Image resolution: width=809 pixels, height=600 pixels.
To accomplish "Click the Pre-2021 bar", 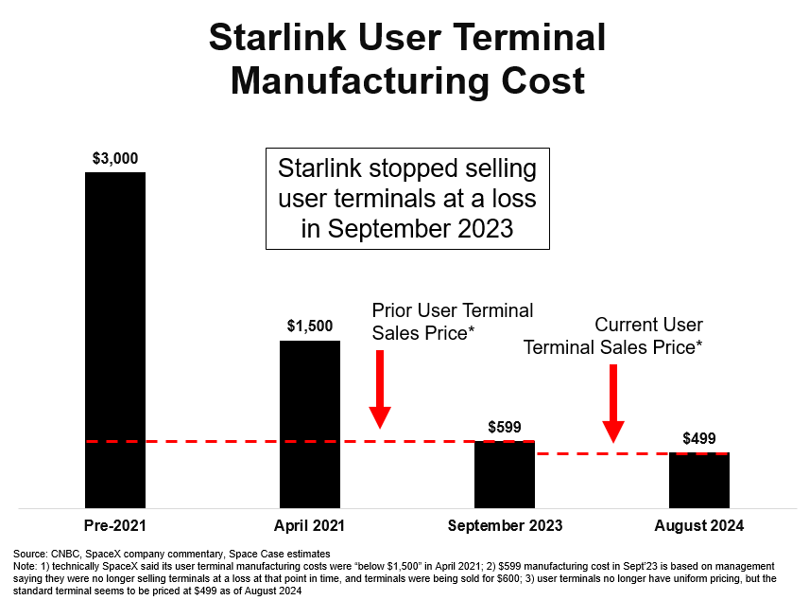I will pyautogui.click(x=115, y=341).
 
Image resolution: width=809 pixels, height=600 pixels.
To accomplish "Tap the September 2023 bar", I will pyautogui.click(x=505, y=474).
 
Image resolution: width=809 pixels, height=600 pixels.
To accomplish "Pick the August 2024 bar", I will pyautogui.click(x=699, y=480).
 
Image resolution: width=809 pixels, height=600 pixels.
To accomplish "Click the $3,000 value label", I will pyautogui.click(x=115, y=158).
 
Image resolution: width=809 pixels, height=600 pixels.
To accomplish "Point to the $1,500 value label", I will pyautogui.click(x=310, y=326).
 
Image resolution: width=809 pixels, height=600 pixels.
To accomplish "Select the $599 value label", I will pyautogui.click(x=505, y=427).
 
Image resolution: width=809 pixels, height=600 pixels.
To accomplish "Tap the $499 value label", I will pyautogui.click(x=699, y=438).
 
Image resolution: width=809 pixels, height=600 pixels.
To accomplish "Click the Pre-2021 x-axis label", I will pyautogui.click(x=115, y=526).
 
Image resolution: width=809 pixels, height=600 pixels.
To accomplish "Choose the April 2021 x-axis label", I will pyautogui.click(x=310, y=526).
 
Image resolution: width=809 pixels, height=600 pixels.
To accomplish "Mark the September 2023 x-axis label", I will pyautogui.click(x=505, y=526).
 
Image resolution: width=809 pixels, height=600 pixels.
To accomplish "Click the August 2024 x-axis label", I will pyautogui.click(x=699, y=526).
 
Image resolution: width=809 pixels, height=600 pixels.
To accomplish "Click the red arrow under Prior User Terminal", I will pyautogui.click(x=380, y=389).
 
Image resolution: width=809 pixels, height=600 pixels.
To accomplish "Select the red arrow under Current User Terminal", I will pyautogui.click(x=613, y=403).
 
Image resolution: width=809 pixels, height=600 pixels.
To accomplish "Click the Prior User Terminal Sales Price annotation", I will pyautogui.click(x=452, y=322).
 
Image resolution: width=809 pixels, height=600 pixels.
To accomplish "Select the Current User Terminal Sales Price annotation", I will pyautogui.click(x=614, y=336).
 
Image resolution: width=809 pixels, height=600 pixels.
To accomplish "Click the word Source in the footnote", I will pyautogui.click(x=28, y=554).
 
